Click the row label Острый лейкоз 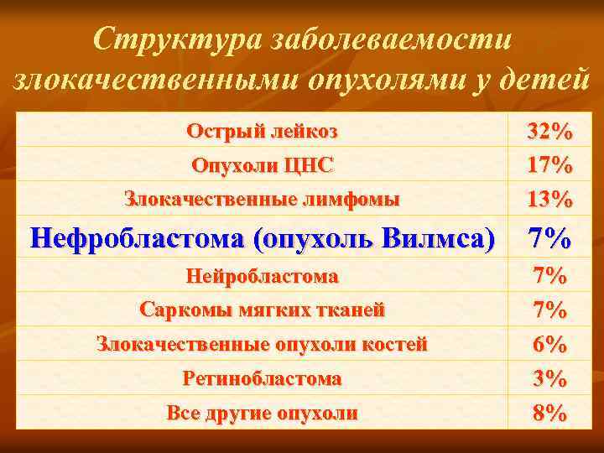coord(262,131)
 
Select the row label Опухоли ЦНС coord(262,165)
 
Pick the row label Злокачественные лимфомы coord(262,200)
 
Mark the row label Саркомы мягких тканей coord(262,310)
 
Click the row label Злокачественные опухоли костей coord(262,344)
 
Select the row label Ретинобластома coord(262,378)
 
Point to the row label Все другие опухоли coord(262,413)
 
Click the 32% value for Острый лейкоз coord(549,131)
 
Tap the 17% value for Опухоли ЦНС coord(549,165)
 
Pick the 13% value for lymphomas coord(549,200)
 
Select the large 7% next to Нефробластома coord(549,239)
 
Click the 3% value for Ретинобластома coord(549,378)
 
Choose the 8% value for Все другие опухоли coord(549,413)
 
